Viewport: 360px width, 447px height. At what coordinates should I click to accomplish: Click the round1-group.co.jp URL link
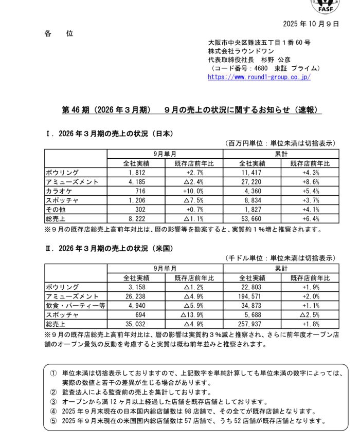[x=259, y=78]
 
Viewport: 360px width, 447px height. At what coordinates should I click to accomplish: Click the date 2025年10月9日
[x=311, y=24]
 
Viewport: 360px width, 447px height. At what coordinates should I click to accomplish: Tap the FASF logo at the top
[x=326, y=6]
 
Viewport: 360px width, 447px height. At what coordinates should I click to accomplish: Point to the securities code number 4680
[x=262, y=68]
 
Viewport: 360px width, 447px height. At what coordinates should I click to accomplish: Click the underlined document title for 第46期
[x=191, y=110]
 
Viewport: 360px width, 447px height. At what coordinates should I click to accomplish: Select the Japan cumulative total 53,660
[x=252, y=219]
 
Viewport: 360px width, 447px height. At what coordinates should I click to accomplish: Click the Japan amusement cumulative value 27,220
[x=252, y=182]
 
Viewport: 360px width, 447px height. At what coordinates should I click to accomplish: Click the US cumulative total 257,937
[x=251, y=324]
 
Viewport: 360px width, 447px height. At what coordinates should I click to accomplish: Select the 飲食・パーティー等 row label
[x=75, y=306]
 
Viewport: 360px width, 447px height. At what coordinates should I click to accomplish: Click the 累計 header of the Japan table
[x=281, y=154]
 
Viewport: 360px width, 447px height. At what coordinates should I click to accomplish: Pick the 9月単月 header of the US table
[x=165, y=268]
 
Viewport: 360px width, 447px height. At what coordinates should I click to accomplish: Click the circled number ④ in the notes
[x=53, y=411]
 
